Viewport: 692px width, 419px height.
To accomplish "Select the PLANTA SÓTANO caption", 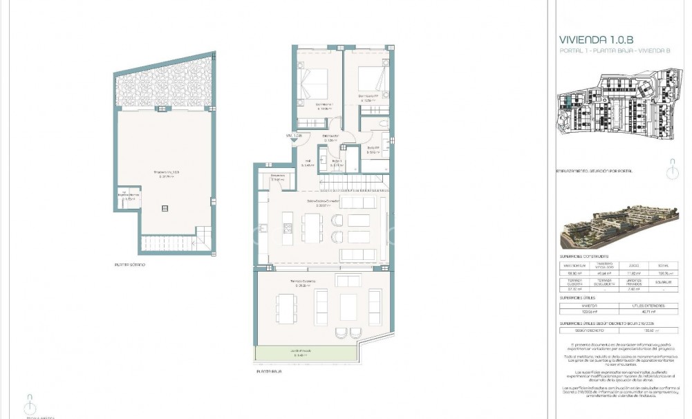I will [131, 264].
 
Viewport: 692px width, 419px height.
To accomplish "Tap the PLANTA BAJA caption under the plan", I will [270, 371].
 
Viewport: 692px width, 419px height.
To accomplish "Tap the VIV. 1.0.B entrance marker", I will [294, 136].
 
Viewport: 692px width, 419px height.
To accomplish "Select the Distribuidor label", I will [329, 137].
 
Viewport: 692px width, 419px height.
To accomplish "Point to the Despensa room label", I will [277, 177].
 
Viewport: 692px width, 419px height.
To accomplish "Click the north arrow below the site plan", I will [668, 169].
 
